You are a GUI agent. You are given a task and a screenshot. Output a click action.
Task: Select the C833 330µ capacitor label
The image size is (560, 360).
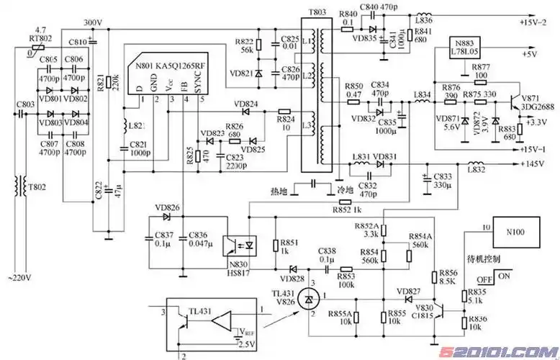443,180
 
